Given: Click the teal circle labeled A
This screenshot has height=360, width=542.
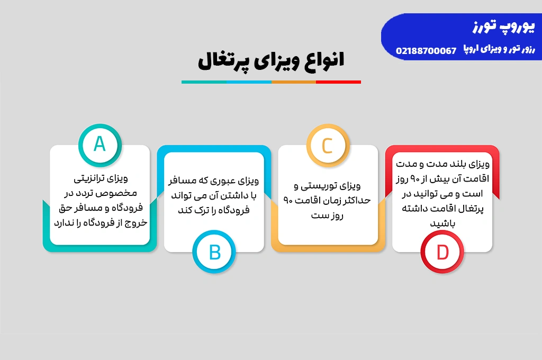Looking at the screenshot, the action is pyautogui.click(x=100, y=145).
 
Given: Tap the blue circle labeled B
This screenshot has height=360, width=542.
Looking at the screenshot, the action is pyautogui.click(x=214, y=252).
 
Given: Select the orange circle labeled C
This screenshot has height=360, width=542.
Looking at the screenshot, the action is pyautogui.click(x=328, y=145).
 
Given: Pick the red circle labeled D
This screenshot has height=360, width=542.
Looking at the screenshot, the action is pyautogui.click(x=442, y=252).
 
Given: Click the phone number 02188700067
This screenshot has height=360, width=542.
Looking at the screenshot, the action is pyautogui.click(x=426, y=51).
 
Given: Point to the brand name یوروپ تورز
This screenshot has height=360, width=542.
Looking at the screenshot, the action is pyautogui.click(x=504, y=26).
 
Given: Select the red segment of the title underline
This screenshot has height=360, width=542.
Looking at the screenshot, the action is pyautogui.click(x=338, y=82).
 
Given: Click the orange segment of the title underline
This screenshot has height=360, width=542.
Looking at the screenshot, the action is pyautogui.click(x=294, y=82).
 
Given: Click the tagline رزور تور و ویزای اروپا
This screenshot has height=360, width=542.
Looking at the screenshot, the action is pyautogui.click(x=499, y=49).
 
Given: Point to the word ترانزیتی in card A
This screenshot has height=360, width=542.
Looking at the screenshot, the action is pyautogui.click(x=91, y=179).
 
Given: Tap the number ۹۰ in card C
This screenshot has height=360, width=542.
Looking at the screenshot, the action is pyautogui.click(x=288, y=201).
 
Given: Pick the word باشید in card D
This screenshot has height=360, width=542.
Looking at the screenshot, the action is pyautogui.click(x=442, y=224).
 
